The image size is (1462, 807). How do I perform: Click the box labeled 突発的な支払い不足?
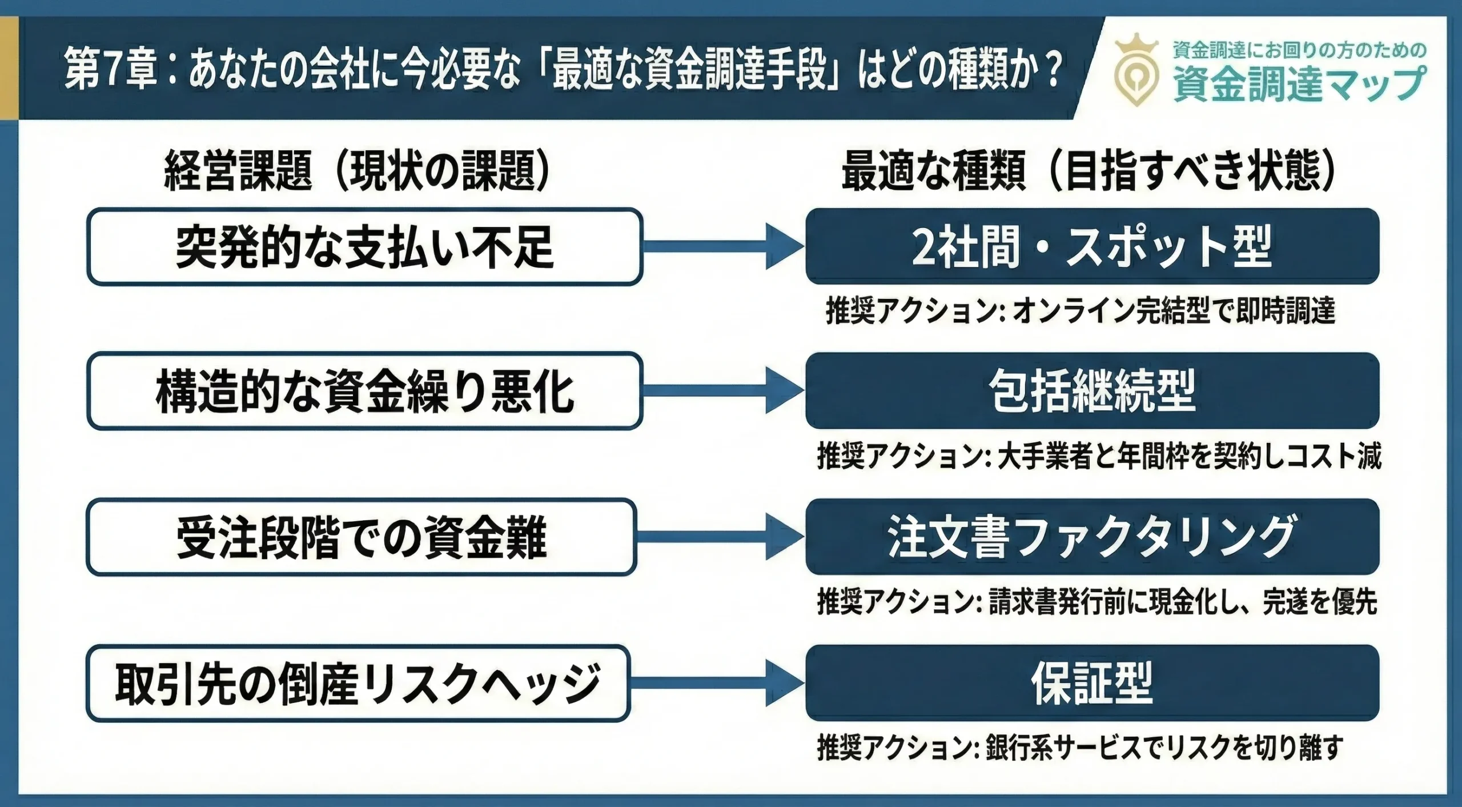click(364, 247)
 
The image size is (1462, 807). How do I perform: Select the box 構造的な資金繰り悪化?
click(364, 391)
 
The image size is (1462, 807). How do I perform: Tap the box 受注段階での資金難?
click(361, 537)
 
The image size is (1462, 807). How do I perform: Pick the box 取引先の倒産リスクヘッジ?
click(358, 684)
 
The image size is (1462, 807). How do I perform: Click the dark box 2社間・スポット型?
click(1092, 246)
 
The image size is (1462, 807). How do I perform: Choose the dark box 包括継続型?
click(1092, 391)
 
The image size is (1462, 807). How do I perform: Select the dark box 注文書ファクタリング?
click(1092, 537)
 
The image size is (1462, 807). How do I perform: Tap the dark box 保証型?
click(1092, 683)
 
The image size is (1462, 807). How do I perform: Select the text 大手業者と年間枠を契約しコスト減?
click(1188, 457)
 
